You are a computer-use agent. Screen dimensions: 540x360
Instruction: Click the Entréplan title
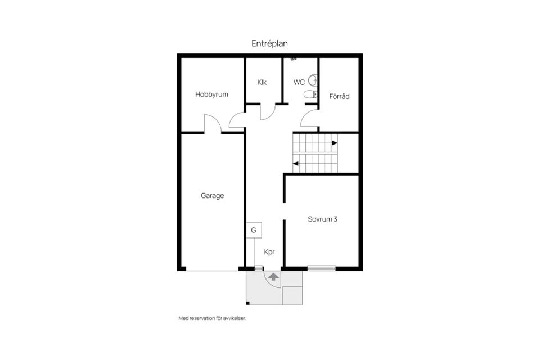pyautogui.click(x=269, y=44)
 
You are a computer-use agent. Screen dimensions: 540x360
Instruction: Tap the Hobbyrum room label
pyautogui.click(x=211, y=94)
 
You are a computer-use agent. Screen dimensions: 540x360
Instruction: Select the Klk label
pyautogui.click(x=262, y=82)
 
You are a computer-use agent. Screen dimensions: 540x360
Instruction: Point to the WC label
pyautogui.click(x=299, y=82)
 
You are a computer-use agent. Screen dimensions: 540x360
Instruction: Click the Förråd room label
pyautogui.click(x=339, y=96)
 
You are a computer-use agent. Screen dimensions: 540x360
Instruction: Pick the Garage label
pyautogui.click(x=213, y=196)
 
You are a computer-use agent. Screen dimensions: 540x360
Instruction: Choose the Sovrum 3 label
pyautogui.click(x=322, y=219)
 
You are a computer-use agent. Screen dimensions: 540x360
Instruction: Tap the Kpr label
pyautogui.click(x=269, y=252)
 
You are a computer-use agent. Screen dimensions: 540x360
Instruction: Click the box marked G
pyautogui.click(x=254, y=230)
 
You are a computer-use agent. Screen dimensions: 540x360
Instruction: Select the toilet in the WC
pyautogui.click(x=310, y=94)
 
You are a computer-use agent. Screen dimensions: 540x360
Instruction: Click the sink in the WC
pyautogui.click(x=313, y=80)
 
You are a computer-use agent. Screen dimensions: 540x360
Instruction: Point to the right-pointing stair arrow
pyautogui.click(x=335, y=143)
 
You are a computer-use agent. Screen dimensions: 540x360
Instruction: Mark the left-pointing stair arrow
pyautogui.click(x=295, y=164)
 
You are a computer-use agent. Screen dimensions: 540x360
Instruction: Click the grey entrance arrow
pyautogui.click(x=273, y=276)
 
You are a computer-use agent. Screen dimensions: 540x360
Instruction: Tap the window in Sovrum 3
pyautogui.click(x=322, y=268)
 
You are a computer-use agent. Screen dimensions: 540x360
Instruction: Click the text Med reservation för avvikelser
pyautogui.click(x=212, y=319)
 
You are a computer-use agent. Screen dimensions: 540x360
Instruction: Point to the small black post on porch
pyautogui.click(x=247, y=303)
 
